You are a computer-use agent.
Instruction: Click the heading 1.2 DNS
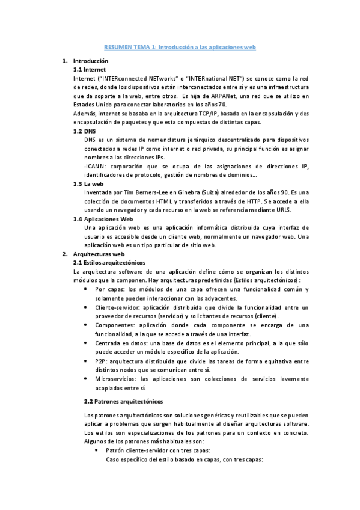[84, 131]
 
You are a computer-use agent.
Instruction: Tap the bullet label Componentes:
[114, 325]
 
